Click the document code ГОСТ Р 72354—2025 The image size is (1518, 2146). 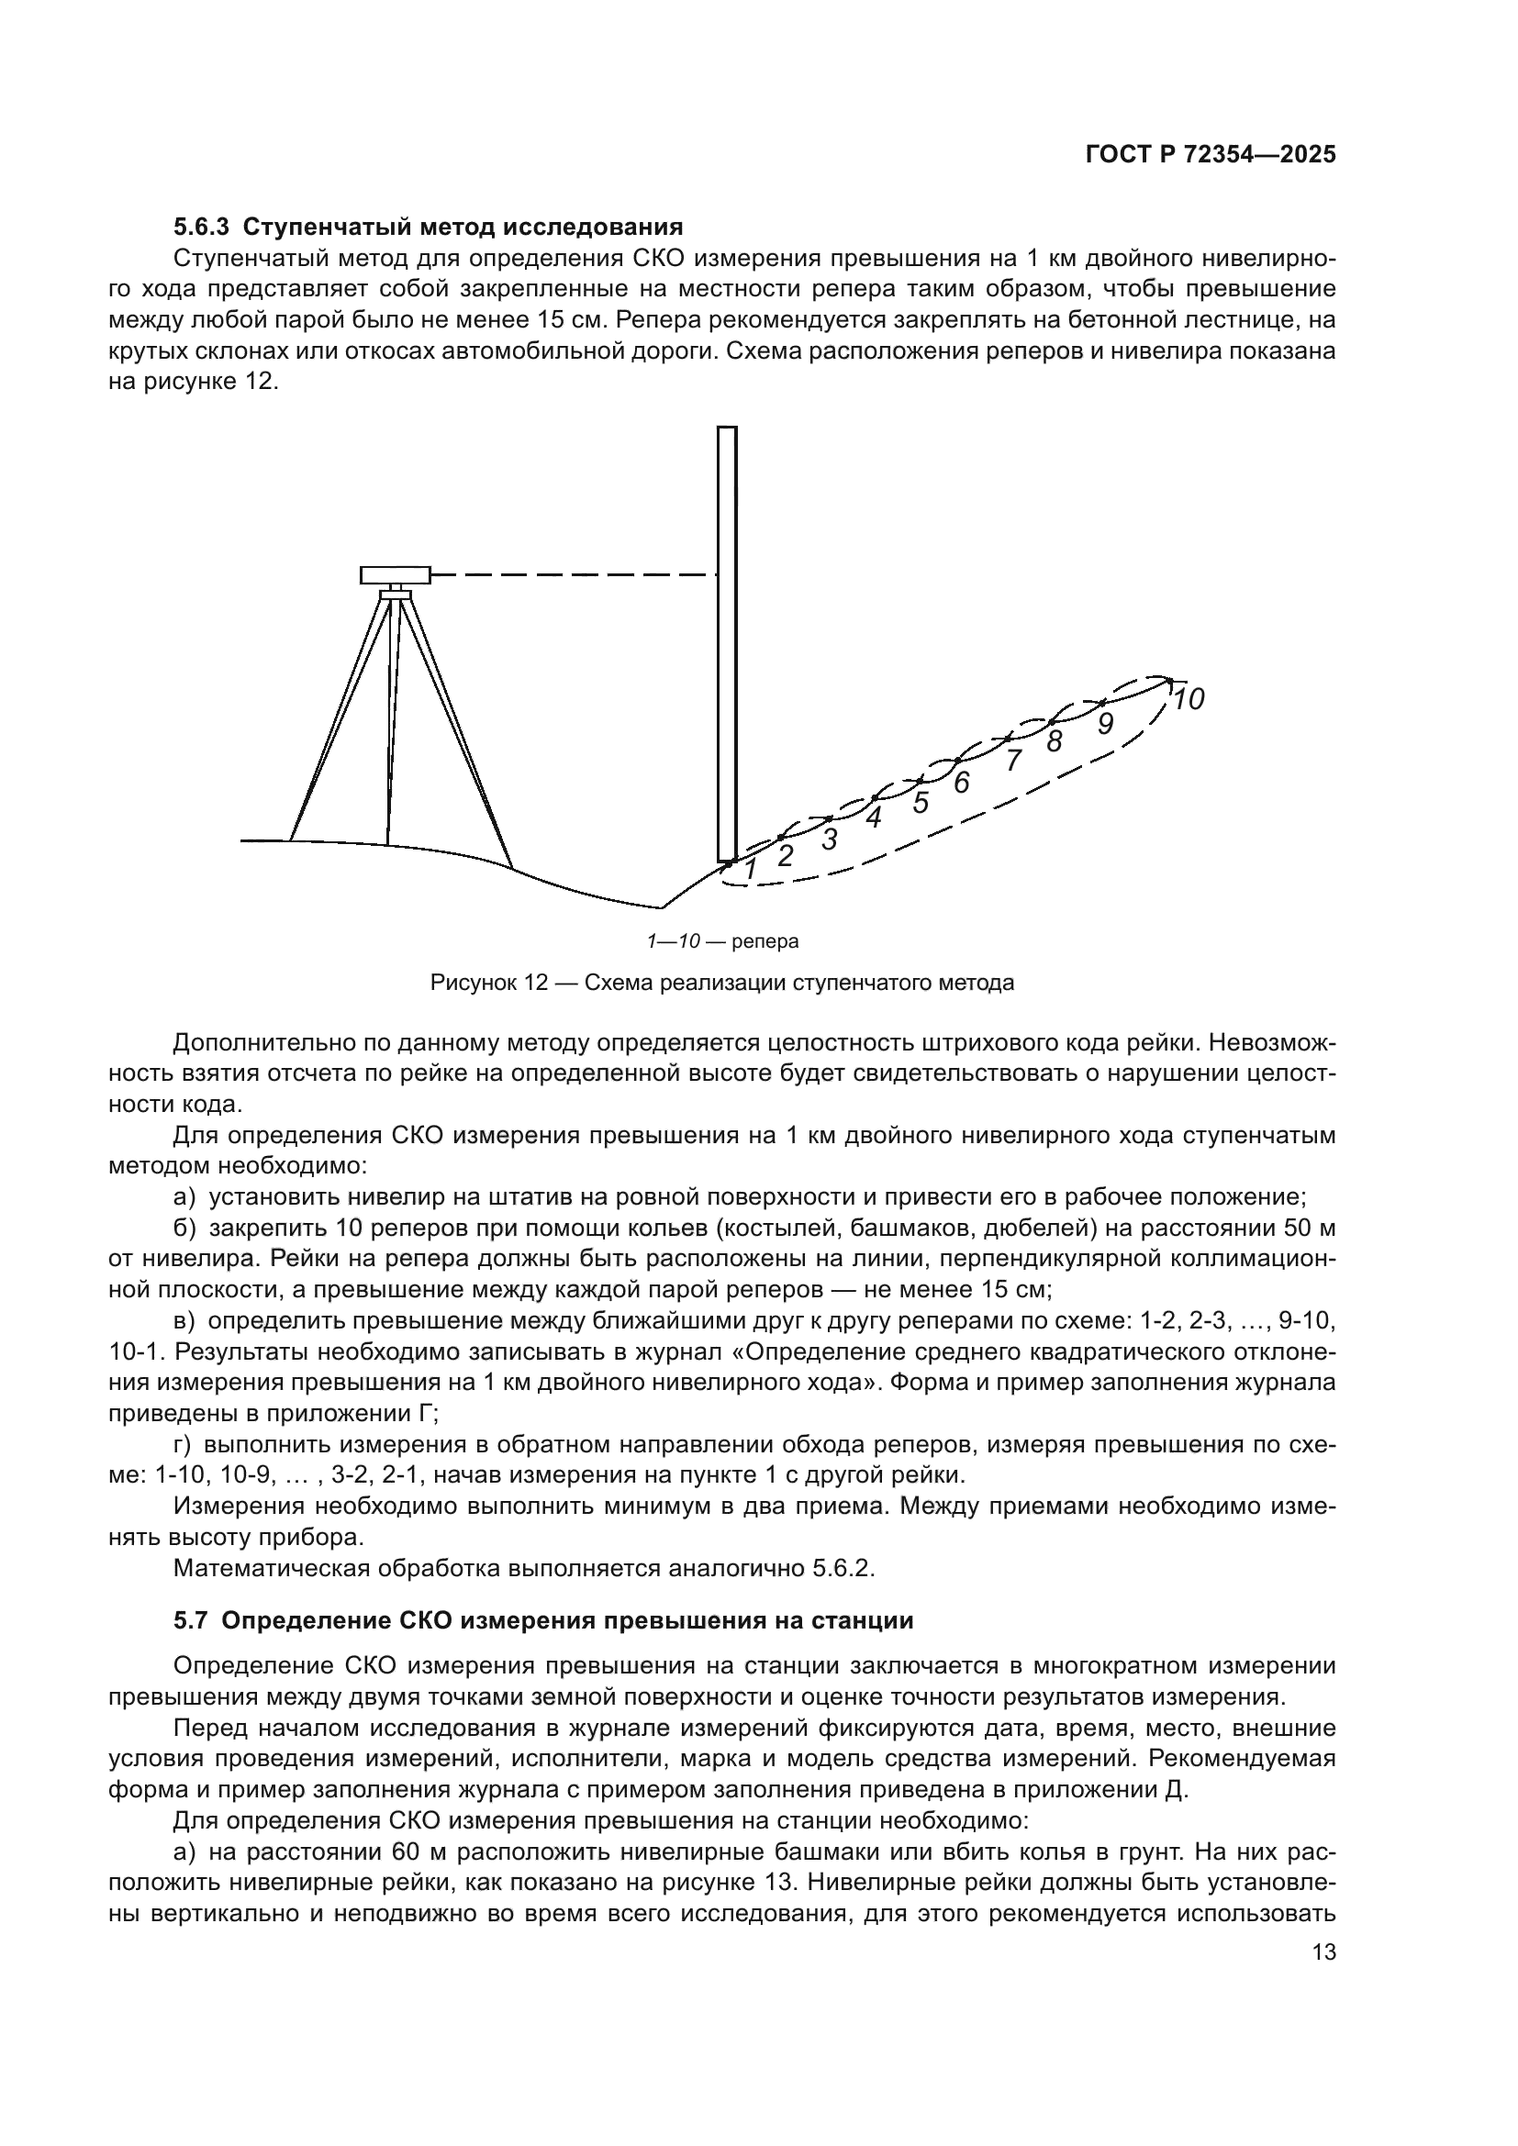click(x=1210, y=155)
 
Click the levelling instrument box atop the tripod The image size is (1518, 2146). click(x=396, y=575)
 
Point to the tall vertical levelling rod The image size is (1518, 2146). click(x=726, y=645)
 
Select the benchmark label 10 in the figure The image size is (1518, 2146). click(x=1188, y=699)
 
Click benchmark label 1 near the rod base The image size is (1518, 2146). click(x=750, y=869)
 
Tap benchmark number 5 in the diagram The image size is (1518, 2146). click(x=921, y=803)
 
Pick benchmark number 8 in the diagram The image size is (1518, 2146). click(x=1055, y=741)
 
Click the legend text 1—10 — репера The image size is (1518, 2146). click(x=722, y=941)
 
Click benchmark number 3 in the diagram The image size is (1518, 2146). click(x=829, y=839)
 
